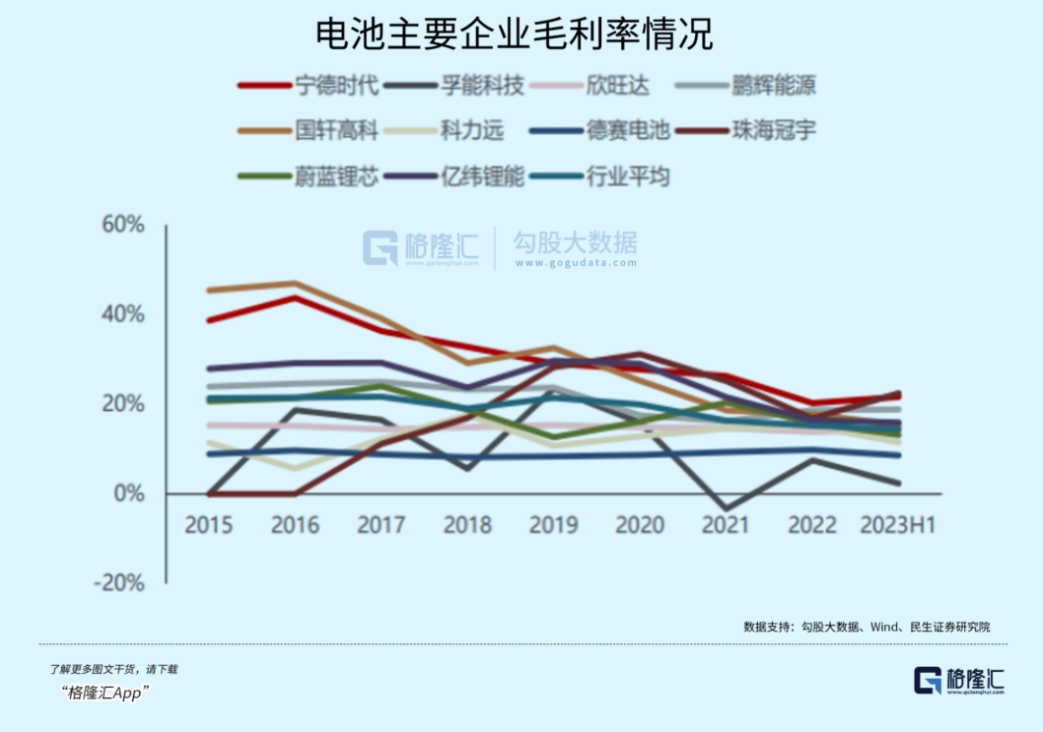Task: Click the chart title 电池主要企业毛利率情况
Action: (x=514, y=34)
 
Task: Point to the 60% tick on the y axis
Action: (x=123, y=225)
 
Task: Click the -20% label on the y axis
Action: (x=118, y=583)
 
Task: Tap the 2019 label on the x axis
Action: (x=554, y=524)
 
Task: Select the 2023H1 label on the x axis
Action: (x=897, y=524)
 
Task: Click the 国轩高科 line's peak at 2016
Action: (x=295, y=284)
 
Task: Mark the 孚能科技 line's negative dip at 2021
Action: (x=726, y=508)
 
